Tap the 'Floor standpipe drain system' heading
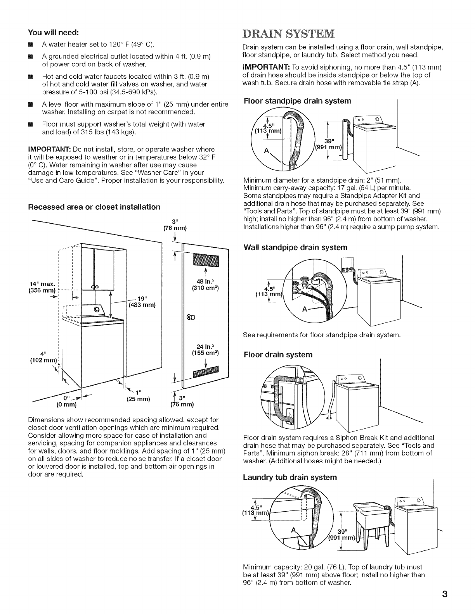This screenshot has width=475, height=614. pos(297,101)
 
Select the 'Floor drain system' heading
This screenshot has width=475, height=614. pos(277,354)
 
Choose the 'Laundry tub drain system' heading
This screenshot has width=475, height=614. pos(290,477)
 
